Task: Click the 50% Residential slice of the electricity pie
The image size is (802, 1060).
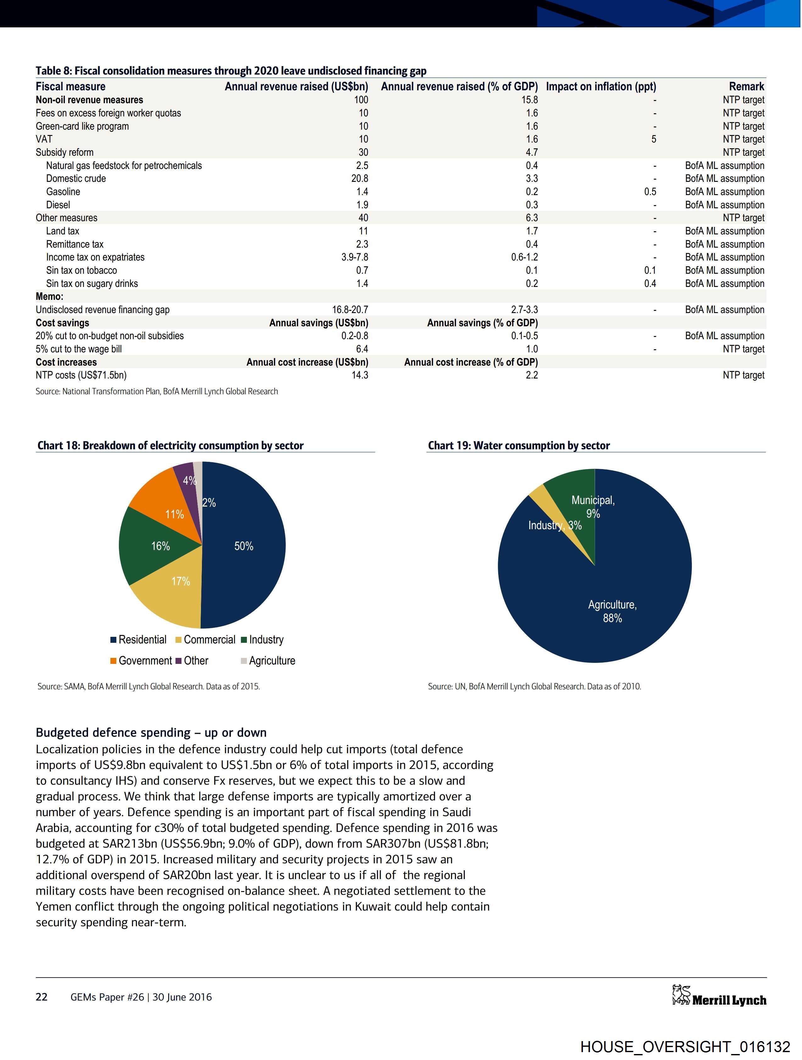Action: [x=244, y=546]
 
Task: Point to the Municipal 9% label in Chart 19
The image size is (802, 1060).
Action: [x=593, y=507]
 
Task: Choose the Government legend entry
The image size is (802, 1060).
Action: [x=141, y=661]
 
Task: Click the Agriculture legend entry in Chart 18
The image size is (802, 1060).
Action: [x=268, y=661]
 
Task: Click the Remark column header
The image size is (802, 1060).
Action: [x=746, y=87]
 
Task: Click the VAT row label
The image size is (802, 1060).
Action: [x=44, y=139]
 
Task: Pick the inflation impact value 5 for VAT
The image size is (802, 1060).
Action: [x=654, y=139]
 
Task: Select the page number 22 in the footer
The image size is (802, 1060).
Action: [x=42, y=997]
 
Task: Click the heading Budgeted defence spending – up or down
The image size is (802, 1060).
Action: [x=151, y=733]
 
